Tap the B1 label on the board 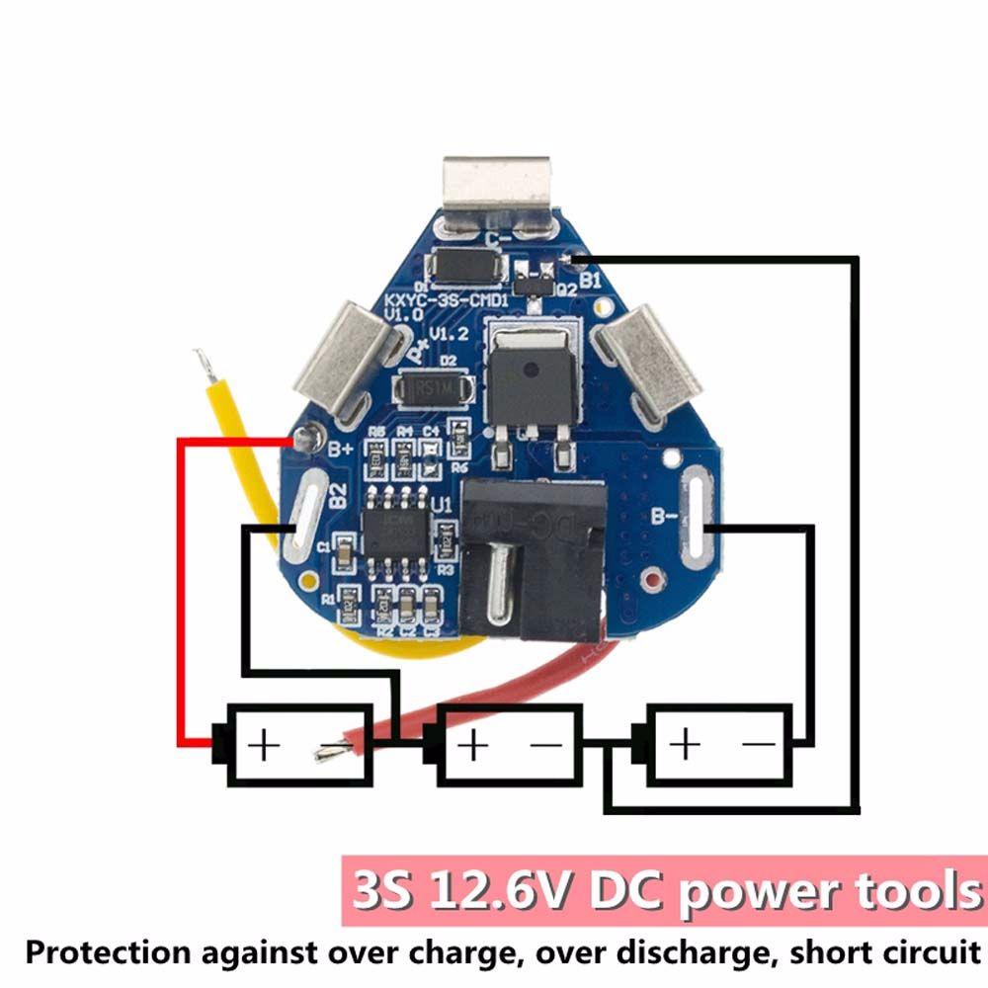591,281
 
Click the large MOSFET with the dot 532,372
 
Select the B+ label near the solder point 341,456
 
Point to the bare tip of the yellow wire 205,365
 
